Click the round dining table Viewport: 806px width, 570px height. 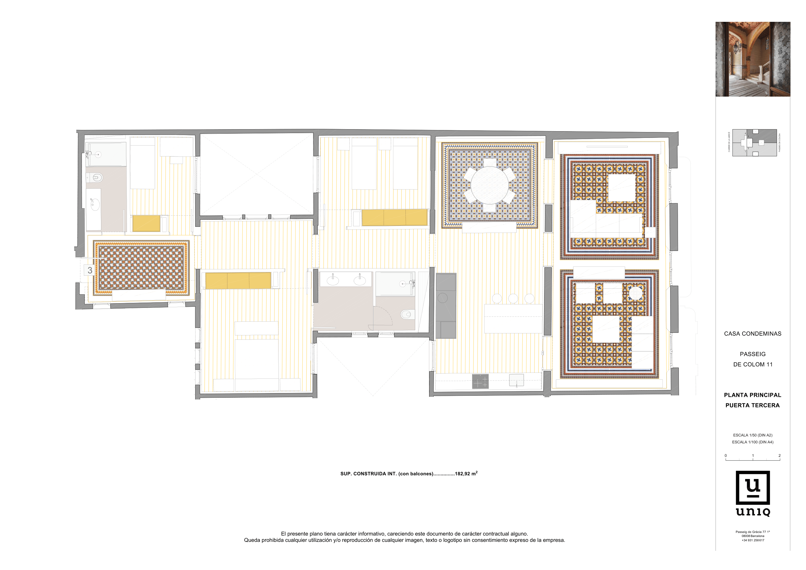point(489,185)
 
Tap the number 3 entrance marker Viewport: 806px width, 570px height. point(90,270)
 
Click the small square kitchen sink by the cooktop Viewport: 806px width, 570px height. point(516,380)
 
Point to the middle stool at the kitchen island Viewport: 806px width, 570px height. point(513,299)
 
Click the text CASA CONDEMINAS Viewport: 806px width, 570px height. point(752,334)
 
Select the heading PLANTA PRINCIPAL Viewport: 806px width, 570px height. point(752,395)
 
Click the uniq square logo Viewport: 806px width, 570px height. point(753,488)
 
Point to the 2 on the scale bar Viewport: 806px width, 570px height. point(779,456)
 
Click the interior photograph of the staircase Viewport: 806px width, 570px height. point(753,59)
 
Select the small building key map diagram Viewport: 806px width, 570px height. point(754,143)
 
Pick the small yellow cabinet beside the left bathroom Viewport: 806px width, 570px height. point(146,224)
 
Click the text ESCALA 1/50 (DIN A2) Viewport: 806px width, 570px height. point(752,435)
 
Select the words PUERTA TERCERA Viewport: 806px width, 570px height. point(752,405)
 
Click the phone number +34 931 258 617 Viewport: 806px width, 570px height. point(753,540)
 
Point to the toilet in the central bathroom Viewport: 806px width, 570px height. point(406,314)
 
